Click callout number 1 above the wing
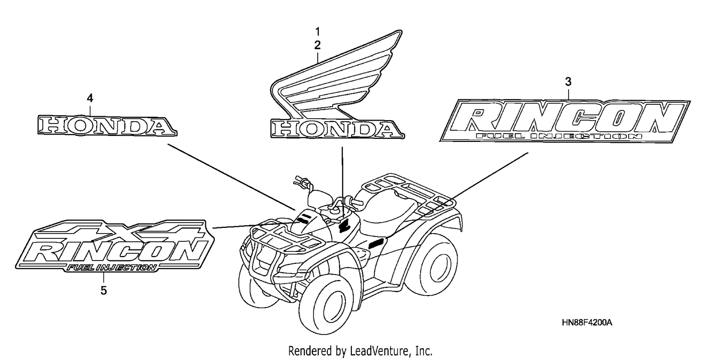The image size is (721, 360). pyautogui.click(x=318, y=32)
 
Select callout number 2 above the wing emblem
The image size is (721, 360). pyautogui.click(x=318, y=45)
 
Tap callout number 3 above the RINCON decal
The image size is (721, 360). pyautogui.click(x=568, y=82)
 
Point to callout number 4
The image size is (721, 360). pyautogui.click(x=90, y=98)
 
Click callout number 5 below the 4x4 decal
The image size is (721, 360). pyautogui.click(x=103, y=290)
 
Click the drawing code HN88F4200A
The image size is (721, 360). pyautogui.click(x=587, y=323)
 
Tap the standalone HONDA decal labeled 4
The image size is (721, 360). pyautogui.click(x=107, y=125)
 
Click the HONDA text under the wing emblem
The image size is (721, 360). pyautogui.click(x=337, y=129)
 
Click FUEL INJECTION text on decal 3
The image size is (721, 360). pyautogui.click(x=559, y=136)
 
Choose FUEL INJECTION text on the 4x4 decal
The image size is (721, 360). pyautogui.click(x=112, y=268)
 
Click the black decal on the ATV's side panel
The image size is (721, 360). pyautogui.click(x=376, y=244)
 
